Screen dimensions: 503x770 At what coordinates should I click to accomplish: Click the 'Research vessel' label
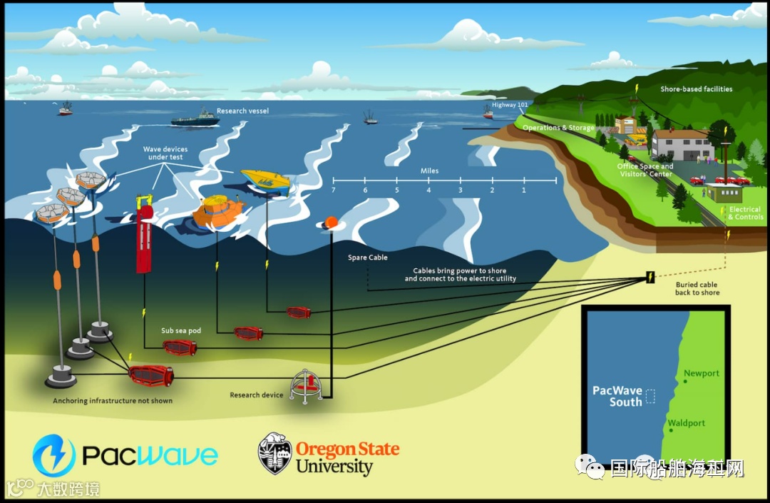coord(243,111)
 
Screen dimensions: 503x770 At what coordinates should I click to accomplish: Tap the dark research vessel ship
coord(195,119)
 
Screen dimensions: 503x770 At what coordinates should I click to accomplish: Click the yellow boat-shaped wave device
coord(266,181)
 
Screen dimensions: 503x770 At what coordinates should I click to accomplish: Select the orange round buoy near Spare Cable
coord(331,223)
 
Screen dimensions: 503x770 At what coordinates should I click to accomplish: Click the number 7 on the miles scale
coord(333,190)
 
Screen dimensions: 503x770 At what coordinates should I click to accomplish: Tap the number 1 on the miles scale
coord(524,190)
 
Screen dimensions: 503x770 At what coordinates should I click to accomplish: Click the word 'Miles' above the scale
coord(429,171)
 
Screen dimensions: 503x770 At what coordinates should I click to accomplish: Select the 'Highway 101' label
coord(509,105)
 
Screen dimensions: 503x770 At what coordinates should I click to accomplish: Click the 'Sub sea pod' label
coord(181,331)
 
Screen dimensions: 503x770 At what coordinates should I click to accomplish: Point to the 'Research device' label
coord(256,395)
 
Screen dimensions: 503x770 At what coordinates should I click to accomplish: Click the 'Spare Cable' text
coord(368,258)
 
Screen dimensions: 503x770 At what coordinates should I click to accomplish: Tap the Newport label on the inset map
coord(702,373)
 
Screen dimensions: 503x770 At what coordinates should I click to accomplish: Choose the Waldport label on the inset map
coord(687,423)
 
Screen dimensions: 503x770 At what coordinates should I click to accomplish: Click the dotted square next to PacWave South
coord(650,397)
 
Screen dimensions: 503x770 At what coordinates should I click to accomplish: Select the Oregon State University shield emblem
coord(274,454)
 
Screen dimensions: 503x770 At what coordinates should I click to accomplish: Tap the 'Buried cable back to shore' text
coord(697,288)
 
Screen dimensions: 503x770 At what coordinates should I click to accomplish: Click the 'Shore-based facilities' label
coord(696,89)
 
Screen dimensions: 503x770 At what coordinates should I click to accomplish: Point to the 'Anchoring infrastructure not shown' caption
coord(113,401)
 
